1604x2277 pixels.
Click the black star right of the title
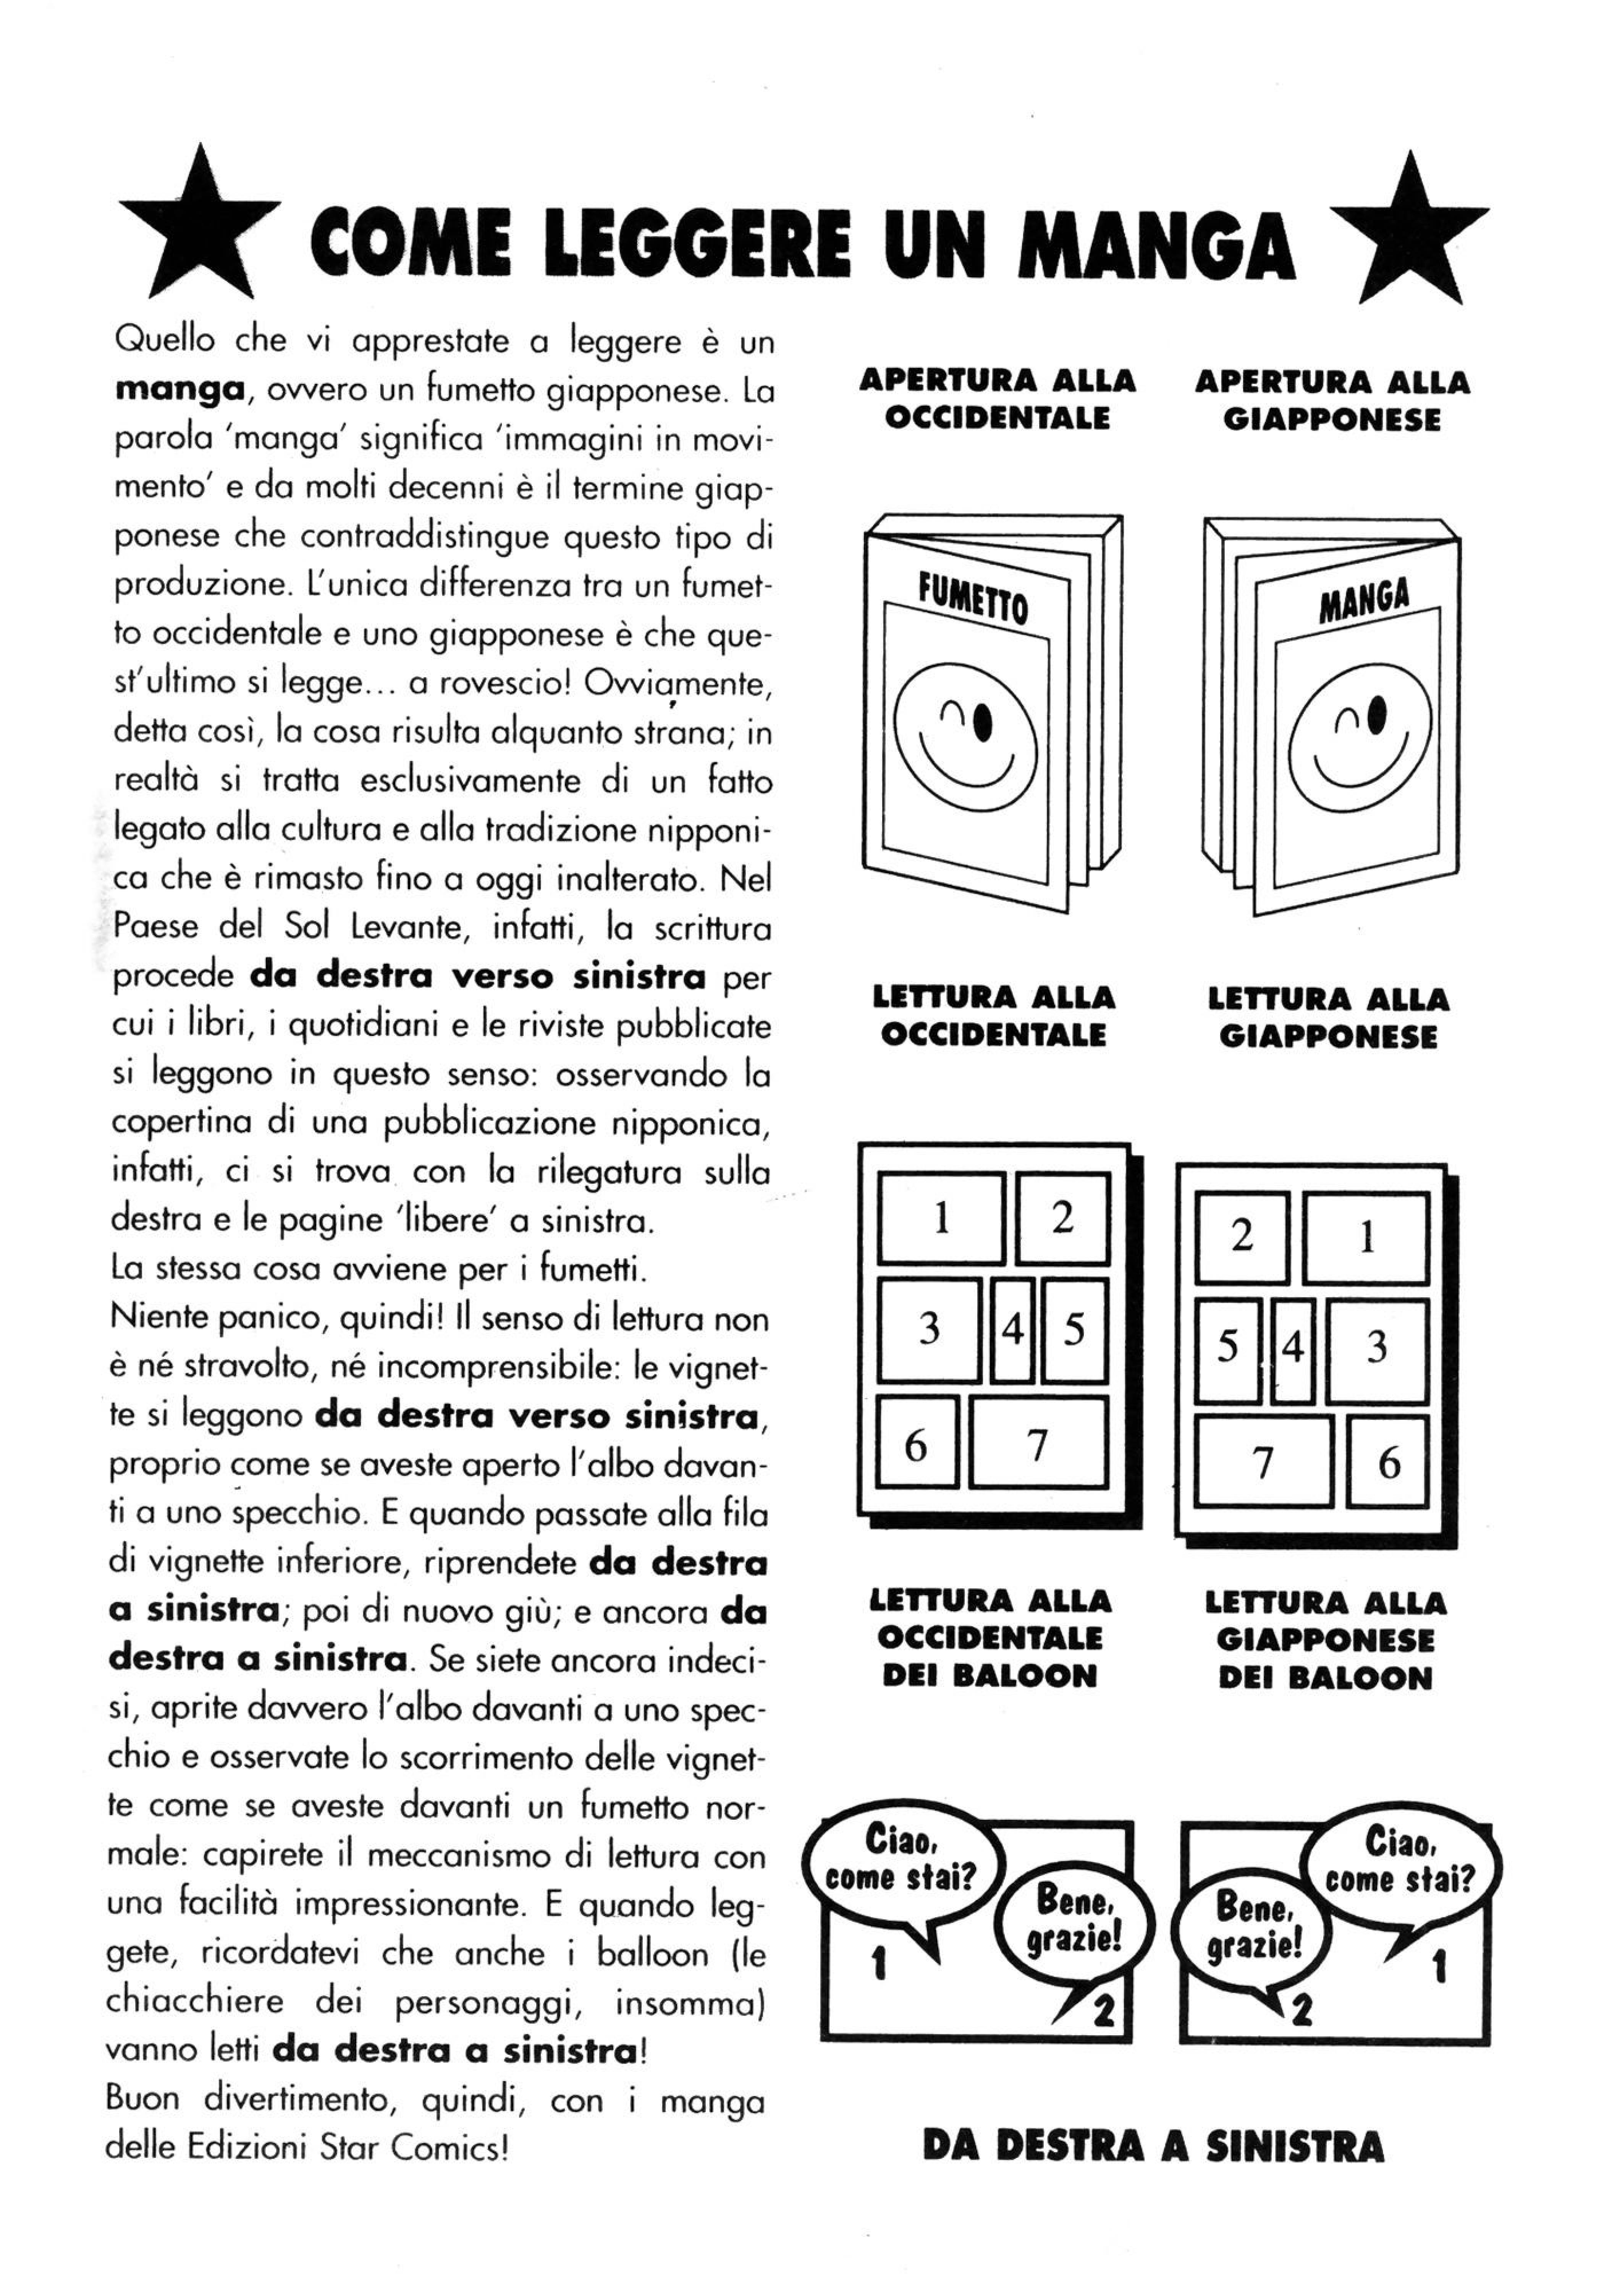click(1408, 236)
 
